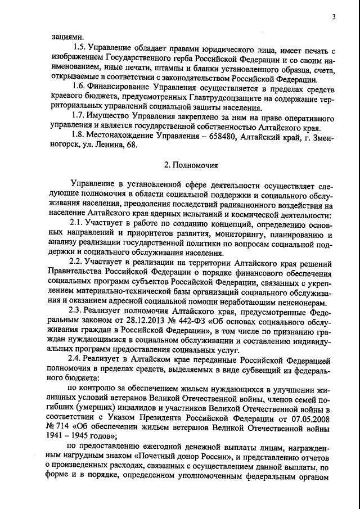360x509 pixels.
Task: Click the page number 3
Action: pyautogui.click(x=334, y=17)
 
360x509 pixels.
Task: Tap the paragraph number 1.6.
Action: pyautogui.click(x=75, y=88)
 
